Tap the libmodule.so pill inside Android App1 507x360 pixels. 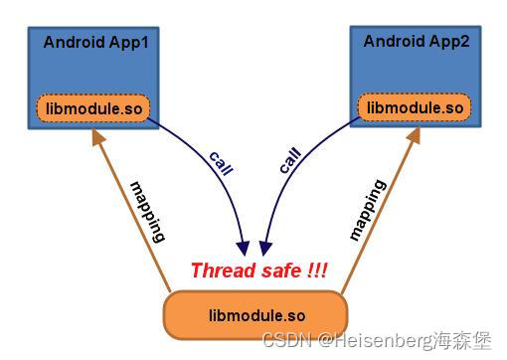pyautogui.click(x=93, y=106)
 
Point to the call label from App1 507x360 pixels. pyautogui.click(x=221, y=162)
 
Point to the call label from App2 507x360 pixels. pyautogui.click(x=290, y=162)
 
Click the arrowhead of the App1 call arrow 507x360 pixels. pyautogui.click(x=243, y=246)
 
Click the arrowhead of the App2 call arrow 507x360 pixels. pyautogui.click(x=265, y=246)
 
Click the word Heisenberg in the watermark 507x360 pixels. pyautogui.click(x=373, y=340)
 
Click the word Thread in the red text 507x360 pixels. pyautogui.click(x=217, y=270)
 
